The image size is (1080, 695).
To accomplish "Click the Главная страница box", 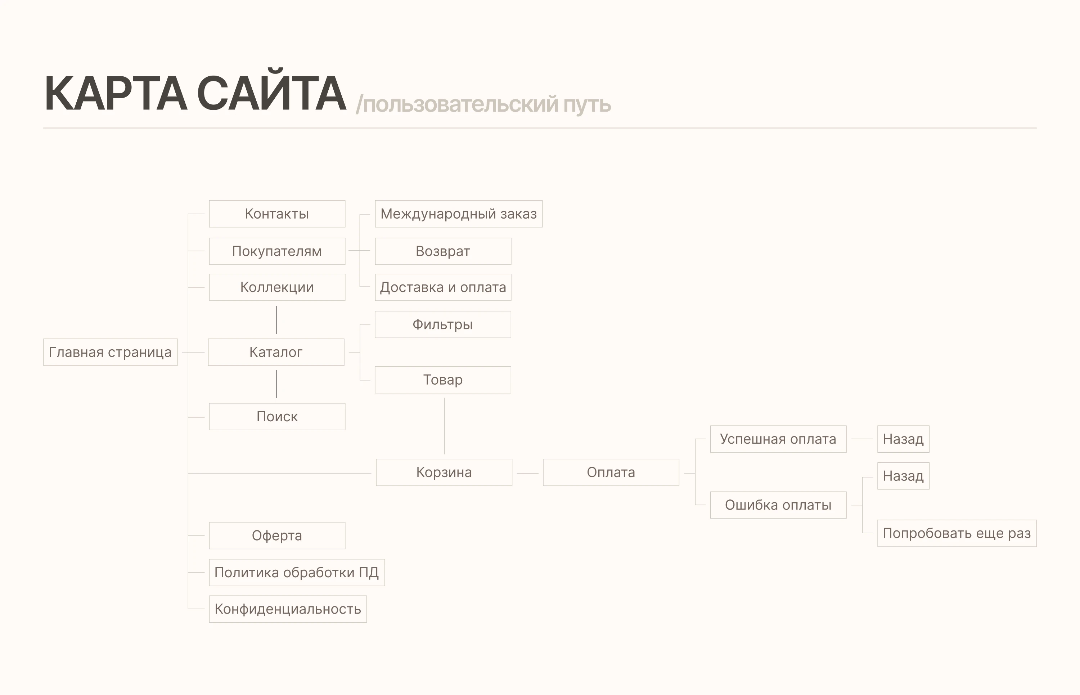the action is coord(111,352).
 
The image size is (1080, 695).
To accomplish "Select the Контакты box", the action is coord(277,214).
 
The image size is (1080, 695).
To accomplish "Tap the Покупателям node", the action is coord(277,251).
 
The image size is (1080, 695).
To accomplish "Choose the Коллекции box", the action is coord(277,287).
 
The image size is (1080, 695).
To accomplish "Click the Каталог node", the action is coord(276,352).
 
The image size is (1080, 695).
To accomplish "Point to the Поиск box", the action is coord(277,417).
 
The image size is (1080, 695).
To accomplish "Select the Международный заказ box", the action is coord(459,214).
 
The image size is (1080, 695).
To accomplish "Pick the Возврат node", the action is coord(443,251).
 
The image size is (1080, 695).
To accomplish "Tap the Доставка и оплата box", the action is coord(443,287).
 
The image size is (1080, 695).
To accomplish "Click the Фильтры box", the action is coord(443,324).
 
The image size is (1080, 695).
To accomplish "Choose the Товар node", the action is coord(443,380).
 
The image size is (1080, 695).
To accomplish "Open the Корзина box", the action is coord(444,472).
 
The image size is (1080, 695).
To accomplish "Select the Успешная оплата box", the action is coord(778,439).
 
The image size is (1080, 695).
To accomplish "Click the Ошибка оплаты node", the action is coord(778,505).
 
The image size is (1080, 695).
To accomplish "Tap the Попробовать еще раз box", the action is coord(957,533).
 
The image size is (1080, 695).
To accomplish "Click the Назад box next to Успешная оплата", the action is coord(903,439).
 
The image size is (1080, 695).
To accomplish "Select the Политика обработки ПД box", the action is coord(297,573).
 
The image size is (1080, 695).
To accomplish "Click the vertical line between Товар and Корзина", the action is coord(444,426).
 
